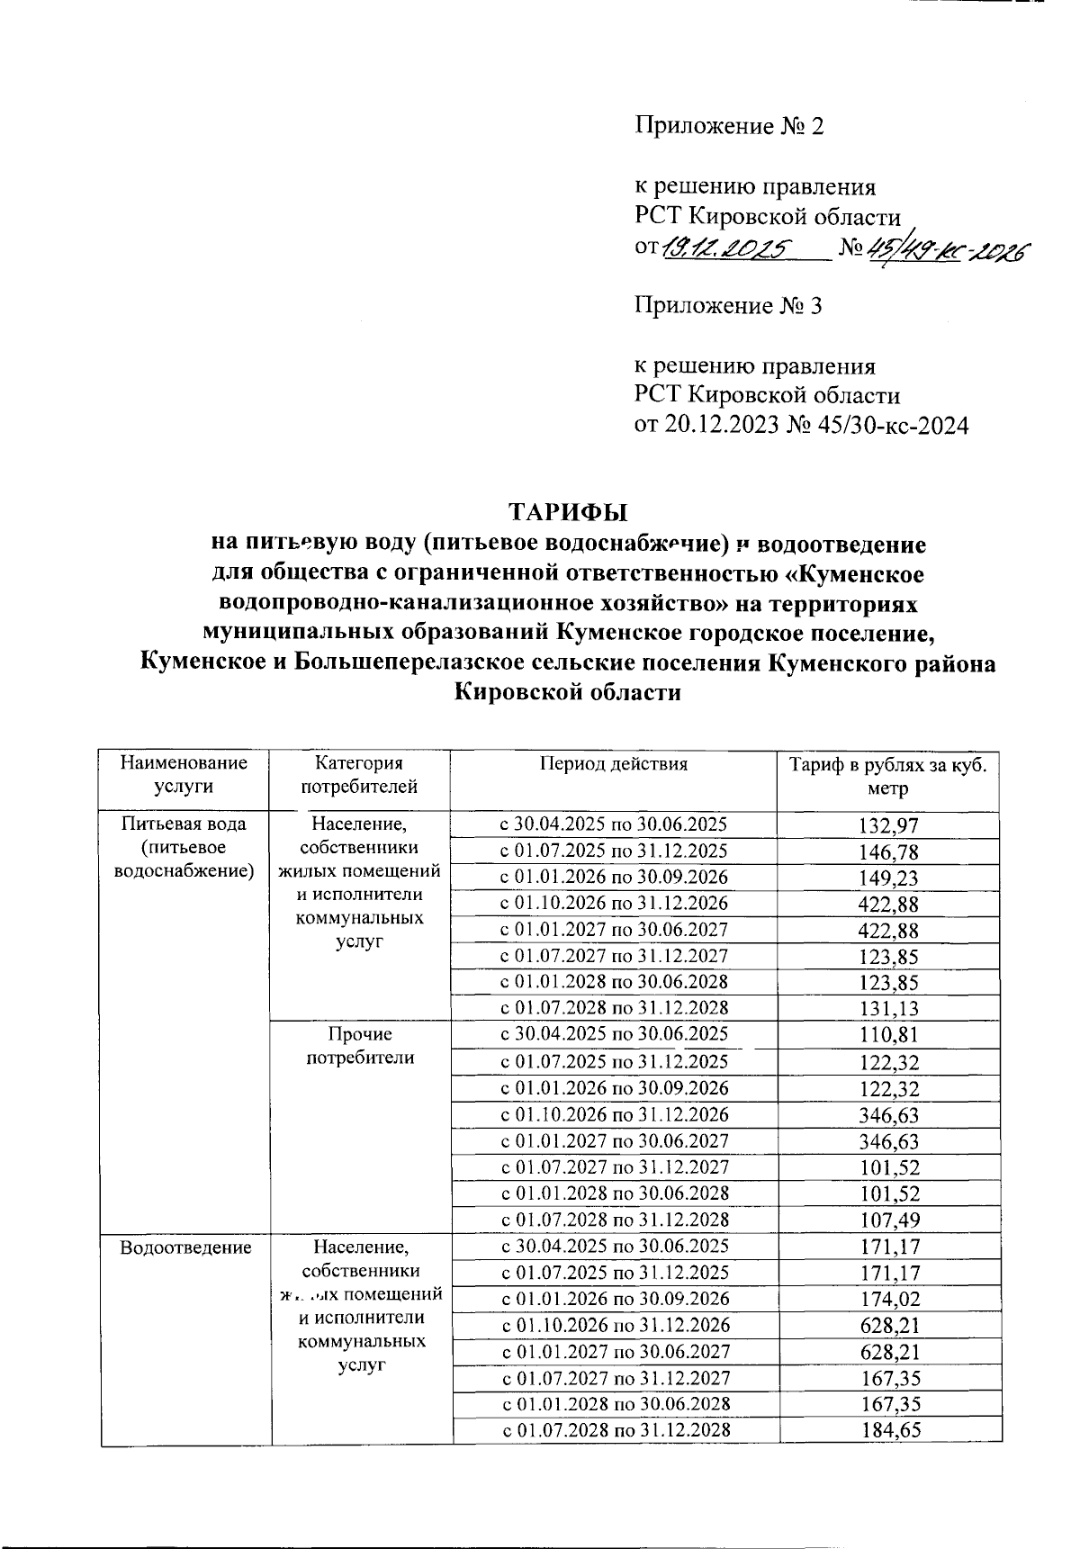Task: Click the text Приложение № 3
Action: pyautogui.click(x=728, y=306)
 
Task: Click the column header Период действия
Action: pyautogui.click(x=613, y=764)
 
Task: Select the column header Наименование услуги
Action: pyautogui.click(x=184, y=774)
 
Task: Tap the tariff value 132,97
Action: pyautogui.click(x=889, y=825)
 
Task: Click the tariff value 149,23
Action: pyautogui.click(x=889, y=878)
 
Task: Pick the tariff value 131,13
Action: pyautogui.click(x=889, y=1009)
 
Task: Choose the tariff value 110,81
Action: pyautogui.click(x=889, y=1035)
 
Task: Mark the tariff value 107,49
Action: pyautogui.click(x=889, y=1220)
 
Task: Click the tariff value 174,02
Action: pyautogui.click(x=889, y=1299)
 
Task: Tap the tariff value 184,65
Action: pyautogui.click(x=889, y=1430)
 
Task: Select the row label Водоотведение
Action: pyautogui.click(x=184, y=1247)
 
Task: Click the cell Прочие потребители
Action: pyautogui.click(x=360, y=1046)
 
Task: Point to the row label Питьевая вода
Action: pyautogui.click(x=184, y=823)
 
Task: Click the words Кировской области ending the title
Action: pyautogui.click(x=568, y=693)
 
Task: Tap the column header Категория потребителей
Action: pyautogui.click(x=359, y=774)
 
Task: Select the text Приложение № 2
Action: pyautogui.click(x=729, y=126)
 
